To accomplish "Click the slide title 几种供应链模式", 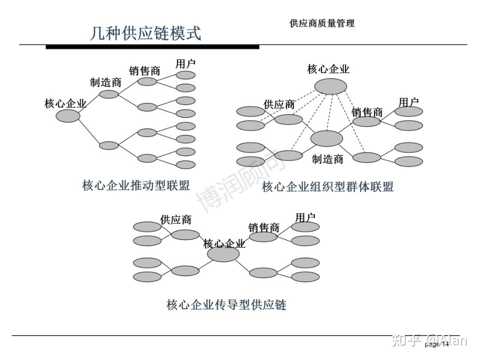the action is pos(145,33).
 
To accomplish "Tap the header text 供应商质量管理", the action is pos(322,24).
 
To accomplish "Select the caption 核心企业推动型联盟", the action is pos(136,185).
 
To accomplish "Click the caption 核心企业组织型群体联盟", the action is pos(328,187).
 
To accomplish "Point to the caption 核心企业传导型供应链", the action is pos(226,305).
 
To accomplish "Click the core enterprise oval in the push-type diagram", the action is pos(68,116).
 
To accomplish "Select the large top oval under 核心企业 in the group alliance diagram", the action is pos(330,86).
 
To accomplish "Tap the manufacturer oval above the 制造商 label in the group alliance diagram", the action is pos(327,139).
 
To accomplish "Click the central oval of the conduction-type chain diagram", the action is pos(224,254).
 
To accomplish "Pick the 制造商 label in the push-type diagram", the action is pos(105,83).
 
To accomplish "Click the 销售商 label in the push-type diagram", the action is pos(144,71).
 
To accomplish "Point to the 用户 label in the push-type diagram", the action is pos(185,64).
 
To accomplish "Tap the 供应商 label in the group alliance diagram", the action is pos(279,105).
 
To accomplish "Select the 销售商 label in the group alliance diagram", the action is pos(367,112).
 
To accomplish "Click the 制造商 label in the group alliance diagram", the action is pos(328,159).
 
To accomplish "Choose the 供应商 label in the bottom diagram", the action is pos(176,220).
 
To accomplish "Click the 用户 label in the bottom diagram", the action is pos(305,217).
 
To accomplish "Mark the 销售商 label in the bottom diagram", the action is pos(264,228).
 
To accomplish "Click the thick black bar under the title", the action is pos(152,47).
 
